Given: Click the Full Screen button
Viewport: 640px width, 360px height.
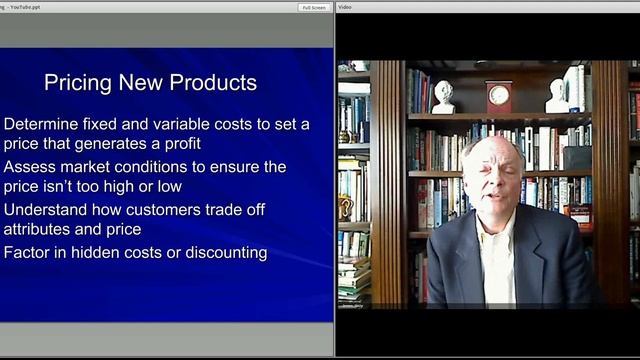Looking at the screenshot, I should click(314, 7).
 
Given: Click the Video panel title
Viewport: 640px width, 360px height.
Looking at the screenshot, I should click(345, 7).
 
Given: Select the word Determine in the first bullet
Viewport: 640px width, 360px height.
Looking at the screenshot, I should click(45, 125).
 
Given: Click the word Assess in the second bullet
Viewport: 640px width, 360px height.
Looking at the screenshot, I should click(30, 167).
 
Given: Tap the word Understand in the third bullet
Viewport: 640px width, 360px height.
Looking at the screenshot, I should click(49, 210).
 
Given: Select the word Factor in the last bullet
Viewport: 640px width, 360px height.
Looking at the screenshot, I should click(28, 253).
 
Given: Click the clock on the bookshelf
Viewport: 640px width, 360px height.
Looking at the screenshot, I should click(498, 96).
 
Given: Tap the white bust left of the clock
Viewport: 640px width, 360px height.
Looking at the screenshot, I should click(443, 96).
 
